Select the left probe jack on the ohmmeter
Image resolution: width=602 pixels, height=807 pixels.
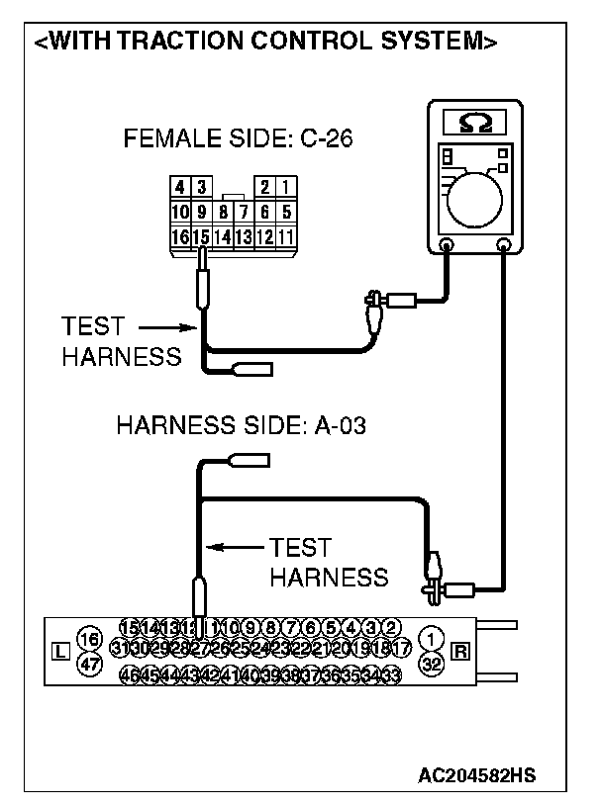pos(447,243)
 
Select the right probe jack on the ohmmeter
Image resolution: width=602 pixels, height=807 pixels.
pos(504,243)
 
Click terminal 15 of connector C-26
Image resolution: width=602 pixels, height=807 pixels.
pos(201,237)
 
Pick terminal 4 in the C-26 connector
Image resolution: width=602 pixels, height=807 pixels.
pos(180,186)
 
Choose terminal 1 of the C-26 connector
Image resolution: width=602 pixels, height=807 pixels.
pos(285,186)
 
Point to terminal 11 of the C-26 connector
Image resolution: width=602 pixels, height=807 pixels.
pos(285,237)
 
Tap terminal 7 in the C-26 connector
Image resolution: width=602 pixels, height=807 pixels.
pos(243,212)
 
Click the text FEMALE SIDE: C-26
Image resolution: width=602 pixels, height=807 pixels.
pos(238,139)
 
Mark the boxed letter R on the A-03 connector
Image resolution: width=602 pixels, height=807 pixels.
pos(460,650)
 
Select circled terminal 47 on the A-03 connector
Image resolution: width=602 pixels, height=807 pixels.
pos(89,665)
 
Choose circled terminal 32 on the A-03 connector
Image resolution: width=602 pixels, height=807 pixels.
pos(431,664)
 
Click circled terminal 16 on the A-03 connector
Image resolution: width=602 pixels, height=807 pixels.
pos(89,638)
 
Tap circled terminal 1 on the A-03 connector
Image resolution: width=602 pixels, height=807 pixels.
pos(431,637)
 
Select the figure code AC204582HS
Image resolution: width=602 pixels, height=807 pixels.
pos(479,772)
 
